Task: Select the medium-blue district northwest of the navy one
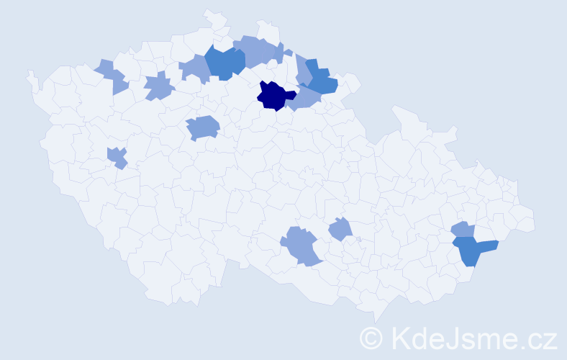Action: coord(224,63)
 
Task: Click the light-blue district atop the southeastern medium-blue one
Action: coord(463,230)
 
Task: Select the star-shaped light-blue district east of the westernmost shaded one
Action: coord(159,87)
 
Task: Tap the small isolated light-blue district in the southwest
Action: coord(117,157)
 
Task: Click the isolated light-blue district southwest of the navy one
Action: coord(203,127)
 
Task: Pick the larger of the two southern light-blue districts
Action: coord(301,245)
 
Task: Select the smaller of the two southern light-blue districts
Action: coord(340,230)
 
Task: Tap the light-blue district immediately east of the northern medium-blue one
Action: coord(260,51)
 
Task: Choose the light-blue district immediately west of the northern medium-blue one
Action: coord(194,68)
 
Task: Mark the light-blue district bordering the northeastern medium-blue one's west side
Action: coord(302,69)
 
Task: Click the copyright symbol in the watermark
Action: coord(371,337)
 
